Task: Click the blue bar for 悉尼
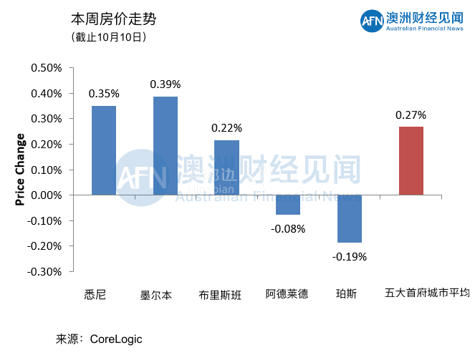(104, 150)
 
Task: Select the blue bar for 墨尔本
(165, 145)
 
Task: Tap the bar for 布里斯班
(226, 167)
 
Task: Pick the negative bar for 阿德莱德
(288, 205)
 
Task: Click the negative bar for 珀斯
(349, 218)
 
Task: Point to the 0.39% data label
(165, 84)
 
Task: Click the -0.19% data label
(349, 256)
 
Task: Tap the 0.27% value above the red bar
(411, 115)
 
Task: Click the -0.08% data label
(288, 229)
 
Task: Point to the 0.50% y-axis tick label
(47, 68)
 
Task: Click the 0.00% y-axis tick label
(47, 195)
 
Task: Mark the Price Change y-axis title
(20, 170)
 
